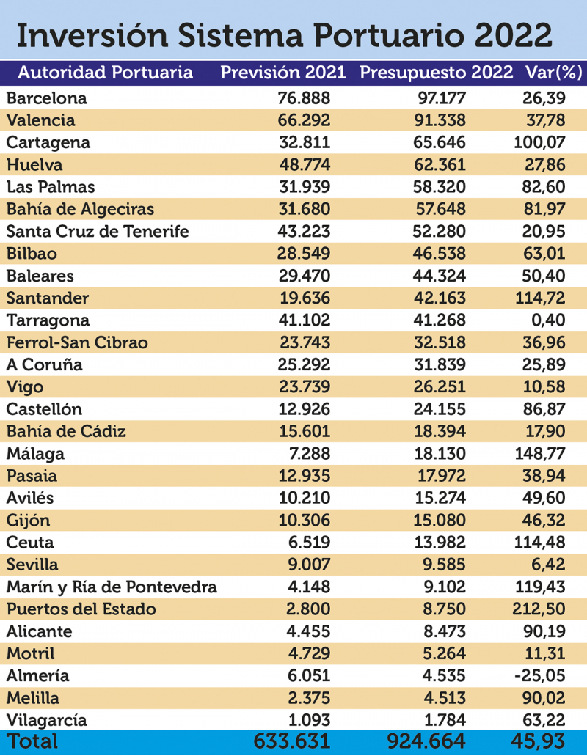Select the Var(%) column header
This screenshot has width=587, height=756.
553,73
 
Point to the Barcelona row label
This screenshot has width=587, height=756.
46,98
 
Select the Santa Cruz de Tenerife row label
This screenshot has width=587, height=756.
98,231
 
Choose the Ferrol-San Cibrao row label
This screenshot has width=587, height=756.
77,342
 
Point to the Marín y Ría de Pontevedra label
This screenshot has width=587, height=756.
112,587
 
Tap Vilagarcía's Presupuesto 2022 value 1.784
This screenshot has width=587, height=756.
442,721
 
